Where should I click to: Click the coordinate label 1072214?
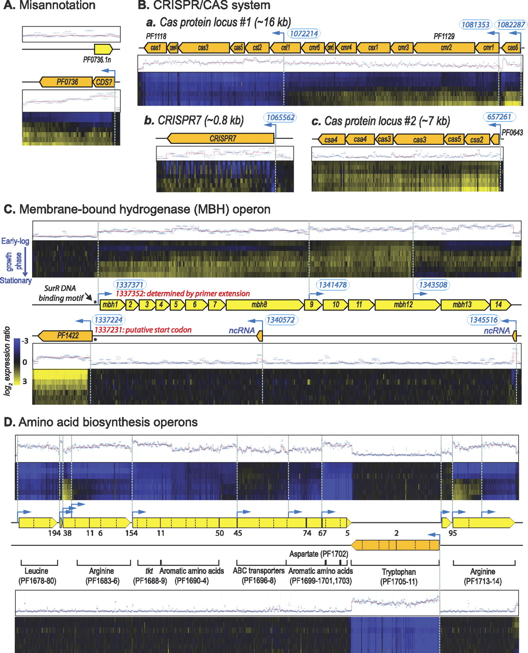304,34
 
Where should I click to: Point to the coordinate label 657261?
499,117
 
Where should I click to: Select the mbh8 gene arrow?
265,305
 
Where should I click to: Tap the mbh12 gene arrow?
406,305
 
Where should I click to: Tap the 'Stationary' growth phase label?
16,281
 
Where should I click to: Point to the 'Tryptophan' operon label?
395,571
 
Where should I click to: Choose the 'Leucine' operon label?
37,571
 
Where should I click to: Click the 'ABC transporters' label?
258,571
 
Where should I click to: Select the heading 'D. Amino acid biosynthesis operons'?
101,422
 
